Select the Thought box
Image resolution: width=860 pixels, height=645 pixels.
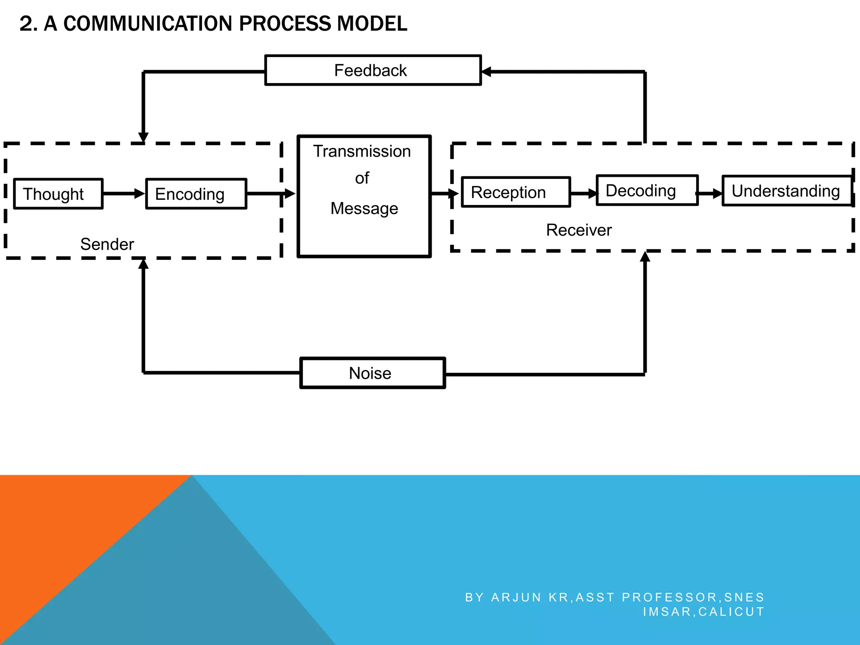(x=58, y=194)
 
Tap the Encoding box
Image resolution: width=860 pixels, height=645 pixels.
(x=196, y=194)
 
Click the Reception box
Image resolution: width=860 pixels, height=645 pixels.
(x=516, y=192)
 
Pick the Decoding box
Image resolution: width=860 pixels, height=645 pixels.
(x=647, y=191)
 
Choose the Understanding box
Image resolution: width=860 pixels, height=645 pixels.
(x=787, y=191)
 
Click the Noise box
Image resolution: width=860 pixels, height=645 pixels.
(x=372, y=373)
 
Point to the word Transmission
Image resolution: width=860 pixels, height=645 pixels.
(x=362, y=151)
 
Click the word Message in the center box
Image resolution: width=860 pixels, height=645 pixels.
(x=364, y=208)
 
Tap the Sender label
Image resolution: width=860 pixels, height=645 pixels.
(x=107, y=244)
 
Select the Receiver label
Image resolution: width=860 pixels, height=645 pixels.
(x=579, y=230)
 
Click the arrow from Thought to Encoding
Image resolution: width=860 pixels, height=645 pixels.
(x=124, y=194)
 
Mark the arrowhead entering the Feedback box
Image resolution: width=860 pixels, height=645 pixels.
(x=486, y=72)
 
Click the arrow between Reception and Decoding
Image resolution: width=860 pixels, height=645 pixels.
(x=584, y=194)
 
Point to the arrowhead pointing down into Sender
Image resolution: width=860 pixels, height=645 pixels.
(x=143, y=138)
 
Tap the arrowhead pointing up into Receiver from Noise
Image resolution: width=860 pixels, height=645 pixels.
(x=645, y=257)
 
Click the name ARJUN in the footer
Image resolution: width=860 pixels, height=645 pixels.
(x=516, y=597)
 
